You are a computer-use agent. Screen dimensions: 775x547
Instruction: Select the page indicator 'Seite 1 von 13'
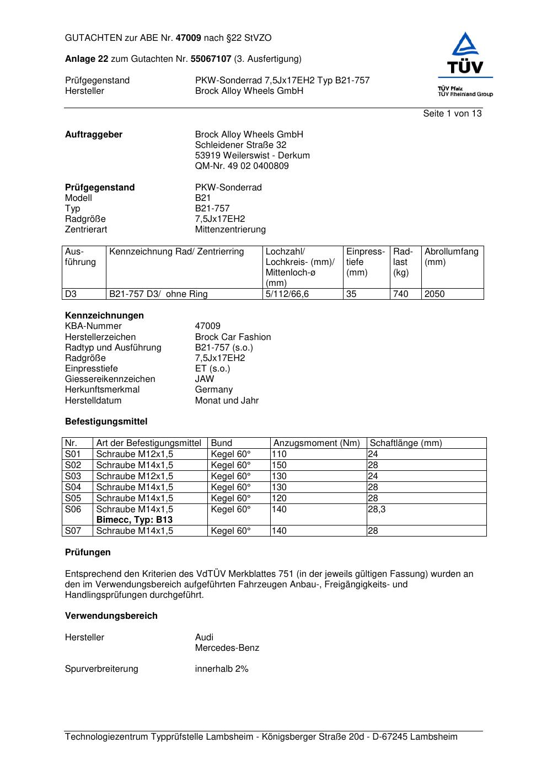click(x=452, y=113)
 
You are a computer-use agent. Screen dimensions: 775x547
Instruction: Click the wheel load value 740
click(x=401, y=294)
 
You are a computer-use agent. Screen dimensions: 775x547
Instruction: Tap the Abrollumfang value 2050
click(x=435, y=294)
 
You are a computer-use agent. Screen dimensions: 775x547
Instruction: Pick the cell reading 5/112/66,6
click(x=287, y=294)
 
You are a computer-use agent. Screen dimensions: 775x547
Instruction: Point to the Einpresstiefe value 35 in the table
click(x=351, y=294)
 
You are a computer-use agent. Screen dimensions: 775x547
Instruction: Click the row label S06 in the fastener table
click(x=73, y=509)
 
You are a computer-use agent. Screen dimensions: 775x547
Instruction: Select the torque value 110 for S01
click(x=279, y=454)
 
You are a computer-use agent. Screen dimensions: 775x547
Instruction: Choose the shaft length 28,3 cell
click(x=377, y=509)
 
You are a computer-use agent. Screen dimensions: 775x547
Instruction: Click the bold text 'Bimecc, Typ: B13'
click(x=134, y=520)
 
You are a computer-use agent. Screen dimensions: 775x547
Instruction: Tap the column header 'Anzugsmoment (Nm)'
click(x=317, y=443)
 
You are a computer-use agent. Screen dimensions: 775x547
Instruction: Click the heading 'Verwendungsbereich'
click(x=111, y=616)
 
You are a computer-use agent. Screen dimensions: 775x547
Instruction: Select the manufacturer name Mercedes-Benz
click(x=227, y=648)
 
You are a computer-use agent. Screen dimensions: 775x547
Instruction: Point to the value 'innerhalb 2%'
click(x=222, y=669)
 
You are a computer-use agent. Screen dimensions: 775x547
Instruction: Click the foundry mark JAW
click(x=205, y=379)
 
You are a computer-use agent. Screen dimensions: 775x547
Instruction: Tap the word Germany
click(x=213, y=390)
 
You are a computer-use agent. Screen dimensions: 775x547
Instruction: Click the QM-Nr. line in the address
click(x=242, y=166)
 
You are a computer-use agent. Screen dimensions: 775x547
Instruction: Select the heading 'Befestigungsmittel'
click(x=106, y=422)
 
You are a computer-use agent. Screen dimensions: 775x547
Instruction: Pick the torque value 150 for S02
click(x=279, y=465)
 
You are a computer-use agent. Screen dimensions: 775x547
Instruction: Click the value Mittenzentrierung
click(x=230, y=230)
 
